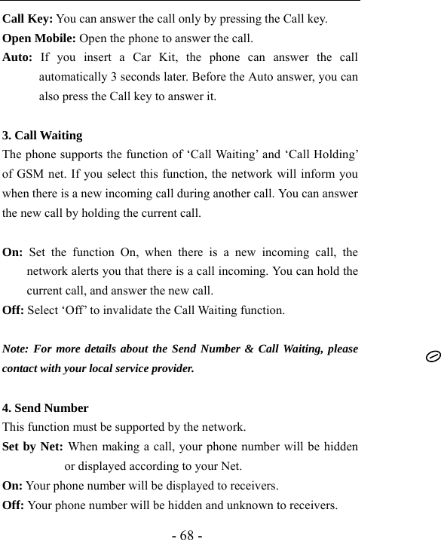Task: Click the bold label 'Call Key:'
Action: point(28,19)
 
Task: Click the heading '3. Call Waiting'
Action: point(43,136)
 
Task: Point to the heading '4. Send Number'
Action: point(45,408)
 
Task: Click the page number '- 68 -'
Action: point(187,535)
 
